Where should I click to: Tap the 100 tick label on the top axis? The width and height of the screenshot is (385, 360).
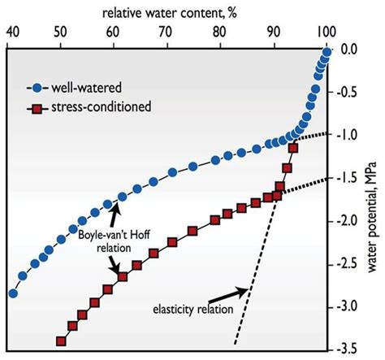pos(324,32)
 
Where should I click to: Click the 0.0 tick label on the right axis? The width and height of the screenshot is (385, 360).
pos(349,50)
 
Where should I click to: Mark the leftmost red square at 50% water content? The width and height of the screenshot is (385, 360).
pos(61,342)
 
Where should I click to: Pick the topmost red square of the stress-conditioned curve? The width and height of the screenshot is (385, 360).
pos(293,148)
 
